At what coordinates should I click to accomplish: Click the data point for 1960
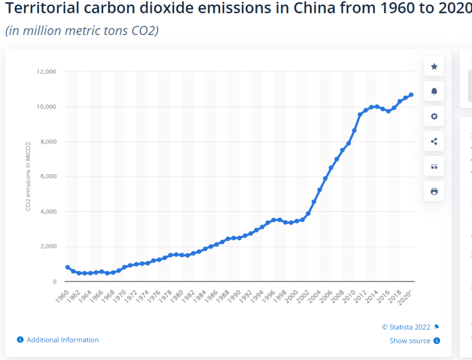coord(67,267)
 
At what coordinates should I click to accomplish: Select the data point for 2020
coord(411,95)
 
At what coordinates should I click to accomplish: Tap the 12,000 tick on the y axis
coord(46,72)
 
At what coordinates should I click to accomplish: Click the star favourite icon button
coord(434,67)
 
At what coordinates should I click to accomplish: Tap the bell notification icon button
coord(434,91)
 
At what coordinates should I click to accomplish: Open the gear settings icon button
coord(434,116)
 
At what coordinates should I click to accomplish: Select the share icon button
coord(434,141)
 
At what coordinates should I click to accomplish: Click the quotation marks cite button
coord(434,166)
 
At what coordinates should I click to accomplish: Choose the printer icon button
coord(434,191)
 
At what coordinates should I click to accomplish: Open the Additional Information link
coord(63,340)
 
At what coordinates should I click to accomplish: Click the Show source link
coord(409,341)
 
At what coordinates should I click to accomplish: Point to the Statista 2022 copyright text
coord(407,327)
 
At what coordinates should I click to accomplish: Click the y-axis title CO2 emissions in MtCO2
coord(28,176)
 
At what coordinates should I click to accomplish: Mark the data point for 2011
coord(360,114)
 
